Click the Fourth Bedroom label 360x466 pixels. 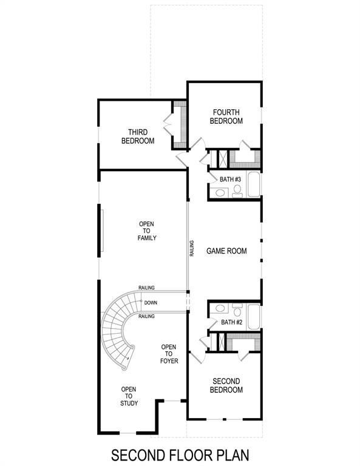pos(226,116)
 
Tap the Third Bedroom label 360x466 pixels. pos(137,137)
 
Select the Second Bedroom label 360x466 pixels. pos(226,385)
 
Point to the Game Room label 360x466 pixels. pos(226,251)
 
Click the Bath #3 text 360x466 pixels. pos(231,179)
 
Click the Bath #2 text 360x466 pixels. pos(231,322)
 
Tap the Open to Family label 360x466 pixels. pos(147,231)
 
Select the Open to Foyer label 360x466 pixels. pos(169,354)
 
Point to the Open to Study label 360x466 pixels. pos(129,396)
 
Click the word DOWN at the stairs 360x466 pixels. pos(151,302)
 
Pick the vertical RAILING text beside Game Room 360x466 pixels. pos(192,250)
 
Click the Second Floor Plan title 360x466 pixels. pos(180,454)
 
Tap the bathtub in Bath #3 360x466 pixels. pos(253,186)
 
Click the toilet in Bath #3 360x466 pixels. pos(237,192)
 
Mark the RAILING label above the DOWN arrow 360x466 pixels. pos(146,288)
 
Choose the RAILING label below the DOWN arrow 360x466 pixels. pos(146,316)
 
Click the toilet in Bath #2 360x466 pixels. pos(237,309)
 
